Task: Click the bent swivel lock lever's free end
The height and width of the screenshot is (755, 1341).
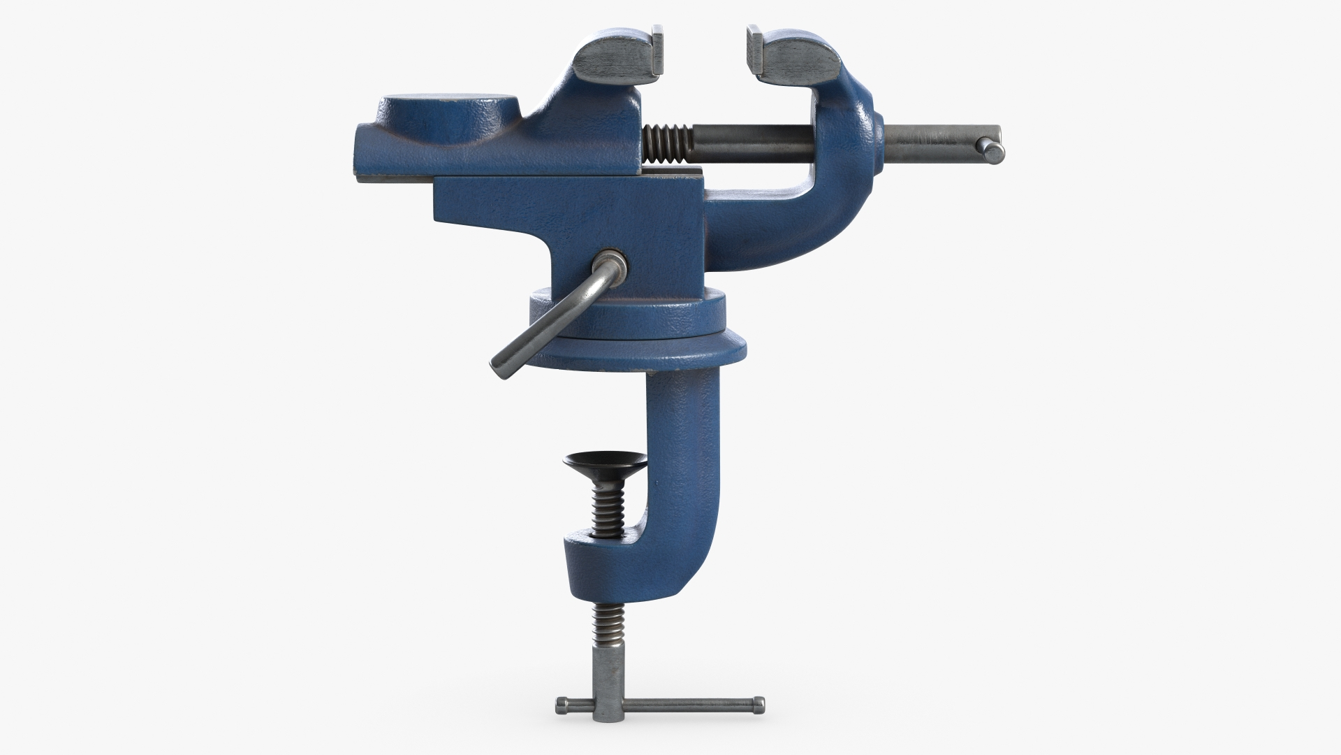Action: [500, 366]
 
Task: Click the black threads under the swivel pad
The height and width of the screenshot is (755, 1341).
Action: [605, 510]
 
